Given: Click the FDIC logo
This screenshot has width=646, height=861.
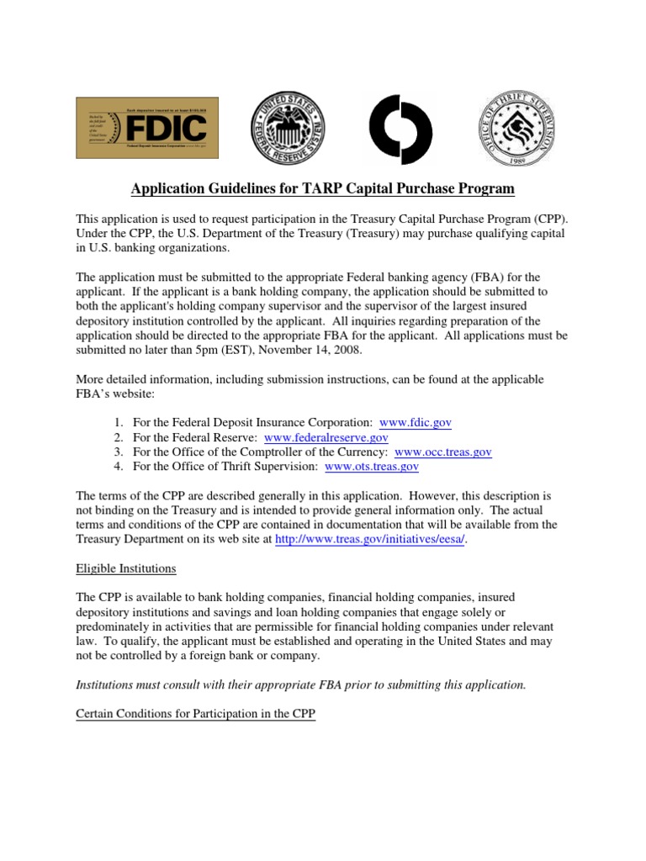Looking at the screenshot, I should [147, 128].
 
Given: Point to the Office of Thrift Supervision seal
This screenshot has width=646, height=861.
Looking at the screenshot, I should [516, 128].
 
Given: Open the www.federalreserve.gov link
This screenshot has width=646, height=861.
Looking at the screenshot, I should [326, 436].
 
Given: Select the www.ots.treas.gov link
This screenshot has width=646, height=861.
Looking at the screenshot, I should [371, 467].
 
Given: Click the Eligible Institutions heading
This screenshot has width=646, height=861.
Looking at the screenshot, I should [126, 568].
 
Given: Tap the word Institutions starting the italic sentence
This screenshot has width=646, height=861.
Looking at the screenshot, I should [104, 685].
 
